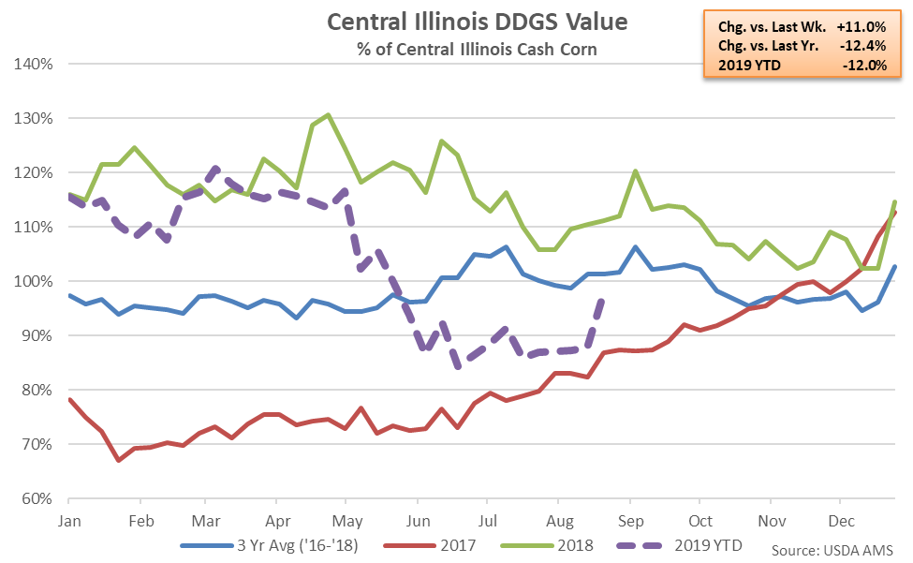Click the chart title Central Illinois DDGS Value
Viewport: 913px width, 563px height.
[x=457, y=21]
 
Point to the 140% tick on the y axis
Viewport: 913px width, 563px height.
[x=34, y=64]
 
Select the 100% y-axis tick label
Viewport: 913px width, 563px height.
[x=34, y=281]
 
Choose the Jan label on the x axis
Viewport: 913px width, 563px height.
[x=68, y=519]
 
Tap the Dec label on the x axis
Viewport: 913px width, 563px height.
[x=840, y=519]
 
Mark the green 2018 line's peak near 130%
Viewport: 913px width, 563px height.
[x=328, y=115]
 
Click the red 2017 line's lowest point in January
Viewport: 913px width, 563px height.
[x=119, y=460]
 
